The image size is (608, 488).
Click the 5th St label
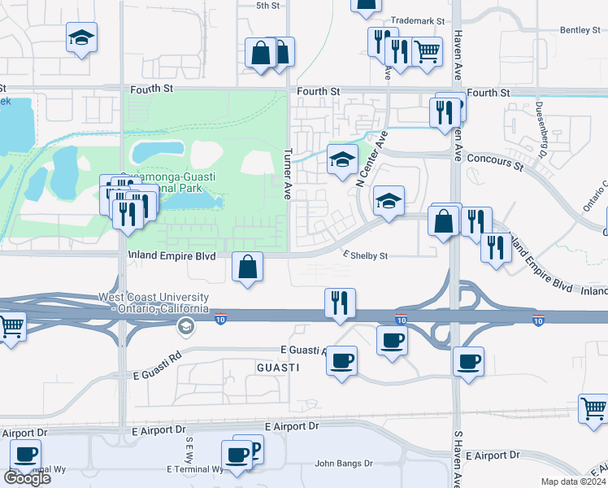click(x=267, y=6)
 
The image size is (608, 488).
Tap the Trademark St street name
click(x=418, y=21)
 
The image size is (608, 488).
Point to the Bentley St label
click(x=580, y=30)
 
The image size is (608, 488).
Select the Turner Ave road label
click(x=287, y=174)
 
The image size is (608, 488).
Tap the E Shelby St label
click(x=365, y=255)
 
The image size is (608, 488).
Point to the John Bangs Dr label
click(x=344, y=464)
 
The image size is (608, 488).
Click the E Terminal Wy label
click(x=194, y=469)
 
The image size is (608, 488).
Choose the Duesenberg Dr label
click(x=540, y=129)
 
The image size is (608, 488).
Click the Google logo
click(x=27, y=477)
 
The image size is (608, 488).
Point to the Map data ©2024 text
click(x=574, y=481)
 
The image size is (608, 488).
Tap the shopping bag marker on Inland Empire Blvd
click(x=248, y=266)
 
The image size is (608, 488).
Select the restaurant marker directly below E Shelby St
click(x=340, y=303)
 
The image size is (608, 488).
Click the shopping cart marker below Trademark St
click(x=427, y=51)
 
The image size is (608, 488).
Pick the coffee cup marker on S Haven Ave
click(x=468, y=361)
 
